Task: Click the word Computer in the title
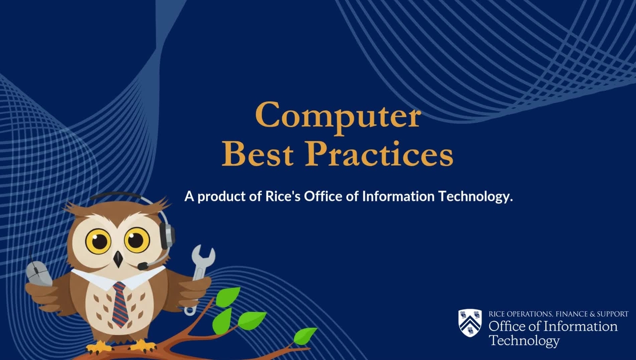point(338,116)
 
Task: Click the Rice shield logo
point(470,323)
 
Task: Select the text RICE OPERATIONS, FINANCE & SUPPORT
point(558,314)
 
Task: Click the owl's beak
point(118,258)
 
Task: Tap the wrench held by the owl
point(200,268)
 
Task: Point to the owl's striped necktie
point(120,303)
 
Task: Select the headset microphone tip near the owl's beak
point(143,267)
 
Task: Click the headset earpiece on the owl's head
point(167,236)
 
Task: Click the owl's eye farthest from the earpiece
point(98,241)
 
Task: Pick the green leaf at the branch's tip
point(305,336)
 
